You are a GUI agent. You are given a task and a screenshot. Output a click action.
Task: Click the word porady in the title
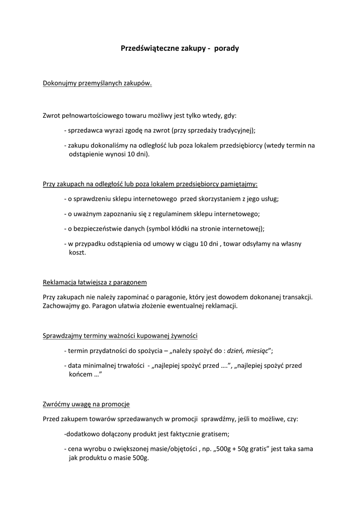coord(226,49)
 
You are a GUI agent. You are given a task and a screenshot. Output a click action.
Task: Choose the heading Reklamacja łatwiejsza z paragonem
coord(95,282)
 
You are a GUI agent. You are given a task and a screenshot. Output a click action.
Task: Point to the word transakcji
coord(297,297)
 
